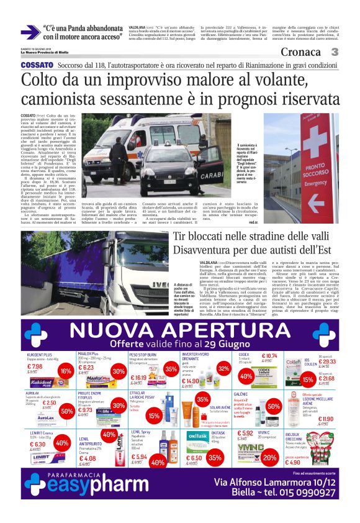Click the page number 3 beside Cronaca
(x=335, y=52)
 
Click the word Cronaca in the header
(x=301, y=52)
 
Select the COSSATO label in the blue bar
(x=37, y=65)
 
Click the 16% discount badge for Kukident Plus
(x=64, y=371)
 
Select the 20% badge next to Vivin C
(x=269, y=457)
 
